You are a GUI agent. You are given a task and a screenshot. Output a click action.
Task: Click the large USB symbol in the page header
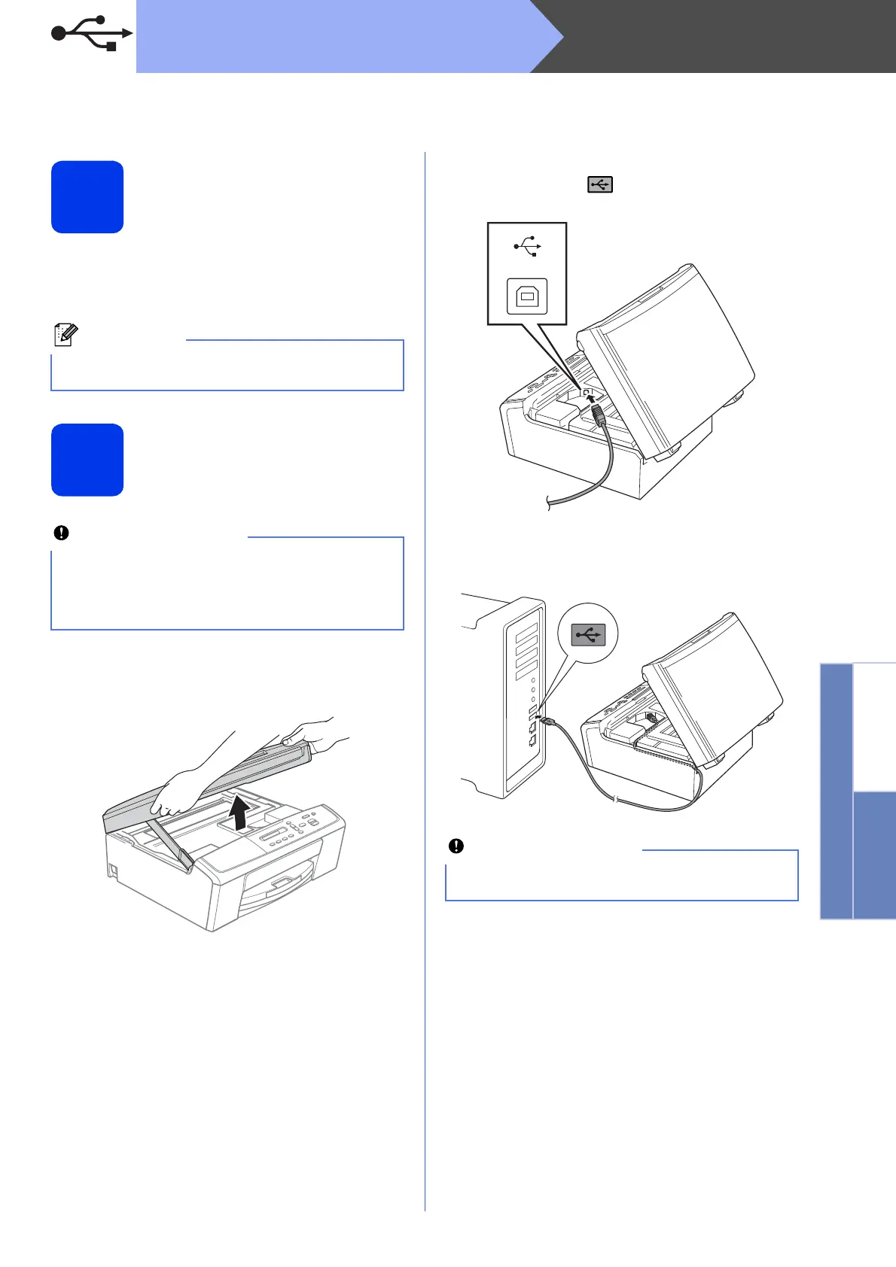[x=90, y=33]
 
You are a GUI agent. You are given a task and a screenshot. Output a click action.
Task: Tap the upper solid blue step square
[x=87, y=197]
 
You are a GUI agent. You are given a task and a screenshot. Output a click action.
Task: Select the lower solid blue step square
[x=87, y=460]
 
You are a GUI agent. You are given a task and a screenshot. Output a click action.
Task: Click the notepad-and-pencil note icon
[x=65, y=336]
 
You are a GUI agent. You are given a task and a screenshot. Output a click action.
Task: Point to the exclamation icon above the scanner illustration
[x=61, y=533]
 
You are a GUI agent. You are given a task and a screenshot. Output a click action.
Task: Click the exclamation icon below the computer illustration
[x=456, y=846]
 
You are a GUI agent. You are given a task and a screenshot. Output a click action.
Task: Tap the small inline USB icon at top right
[x=600, y=184]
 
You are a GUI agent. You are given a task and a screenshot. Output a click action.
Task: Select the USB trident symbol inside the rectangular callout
[x=527, y=247]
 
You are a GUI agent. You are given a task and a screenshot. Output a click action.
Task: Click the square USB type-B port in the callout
[x=527, y=296]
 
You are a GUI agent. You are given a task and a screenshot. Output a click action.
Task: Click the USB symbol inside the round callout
[x=588, y=635]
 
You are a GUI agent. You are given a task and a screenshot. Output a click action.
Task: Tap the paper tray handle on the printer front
[x=283, y=882]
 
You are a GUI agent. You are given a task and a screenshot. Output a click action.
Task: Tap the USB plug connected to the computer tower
[x=547, y=722]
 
